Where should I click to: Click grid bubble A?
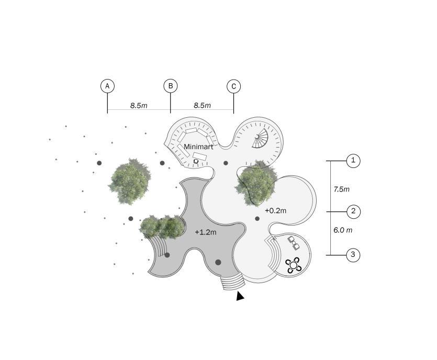coord(107,86)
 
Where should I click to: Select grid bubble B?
coord(171,86)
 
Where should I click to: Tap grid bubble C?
coord(234,86)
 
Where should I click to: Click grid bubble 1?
coord(353,161)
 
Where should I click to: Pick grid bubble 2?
coord(353,211)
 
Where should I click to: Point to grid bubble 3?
coord(353,255)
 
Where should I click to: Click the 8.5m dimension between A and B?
coord(139,106)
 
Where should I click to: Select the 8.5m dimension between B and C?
coord(202,106)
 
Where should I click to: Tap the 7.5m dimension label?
coord(341,189)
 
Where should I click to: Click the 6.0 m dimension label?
coord(343,230)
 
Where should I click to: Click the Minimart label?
coord(198,147)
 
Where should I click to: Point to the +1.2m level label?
coord(205,232)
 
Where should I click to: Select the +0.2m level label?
coord(275,211)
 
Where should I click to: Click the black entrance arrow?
coord(240,296)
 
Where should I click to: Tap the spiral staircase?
coord(260,140)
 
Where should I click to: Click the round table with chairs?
coord(294,265)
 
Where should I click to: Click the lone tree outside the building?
coord(129,181)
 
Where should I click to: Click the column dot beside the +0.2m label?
coord(257,219)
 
